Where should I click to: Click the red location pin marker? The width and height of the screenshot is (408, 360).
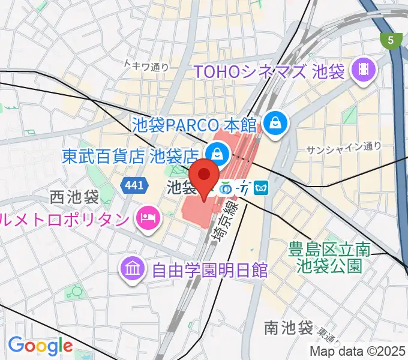click(205, 176)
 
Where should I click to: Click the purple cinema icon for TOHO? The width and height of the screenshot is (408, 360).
click(364, 71)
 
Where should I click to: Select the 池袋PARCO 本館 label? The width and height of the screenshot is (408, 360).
click(194, 125)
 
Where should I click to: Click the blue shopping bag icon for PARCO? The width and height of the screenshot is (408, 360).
click(275, 124)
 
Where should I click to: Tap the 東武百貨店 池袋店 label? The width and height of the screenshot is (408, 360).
click(130, 157)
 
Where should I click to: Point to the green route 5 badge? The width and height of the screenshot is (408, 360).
click(391, 40)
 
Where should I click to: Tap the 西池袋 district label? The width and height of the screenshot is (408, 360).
click(74, 197)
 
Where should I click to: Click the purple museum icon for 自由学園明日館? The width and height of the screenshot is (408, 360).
click(132, 268)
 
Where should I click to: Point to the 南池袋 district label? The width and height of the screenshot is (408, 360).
click(289, 328)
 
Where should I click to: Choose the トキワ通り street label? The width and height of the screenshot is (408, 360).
click(146, 66)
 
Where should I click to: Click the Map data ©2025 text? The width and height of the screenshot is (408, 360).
click(357, 351)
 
